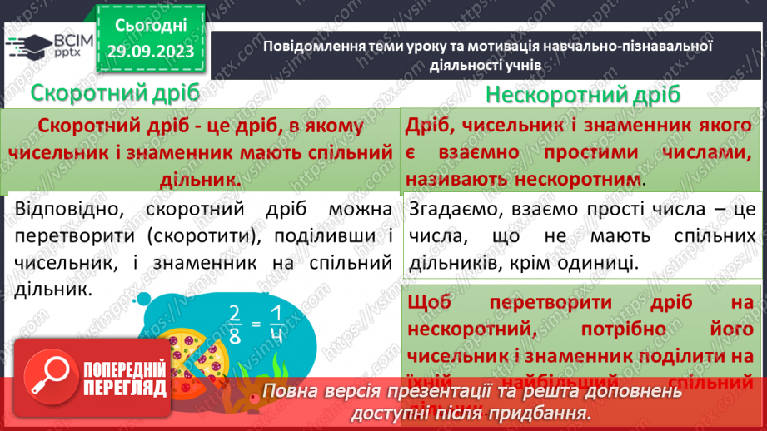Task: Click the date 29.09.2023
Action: (150, 52)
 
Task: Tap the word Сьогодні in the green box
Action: (150, 26)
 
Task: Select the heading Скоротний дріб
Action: (116, 92)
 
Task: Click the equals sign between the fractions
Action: (259, 318)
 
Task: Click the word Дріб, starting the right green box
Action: (431, 126)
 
